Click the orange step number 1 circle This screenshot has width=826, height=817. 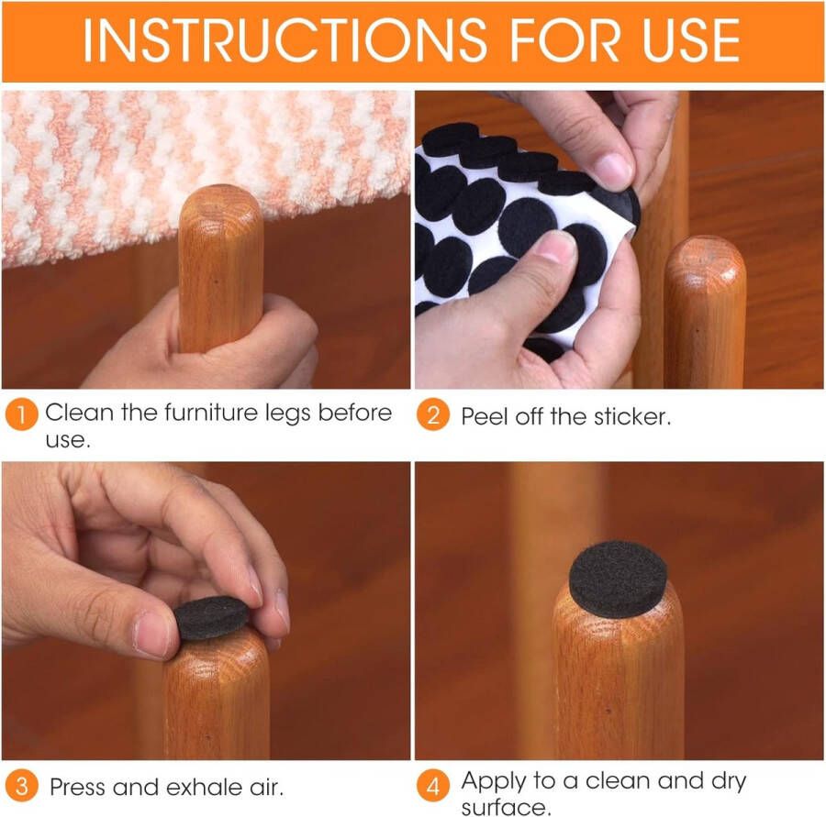click(x=21, y=414)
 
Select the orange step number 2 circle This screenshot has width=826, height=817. click(x=433, y=416)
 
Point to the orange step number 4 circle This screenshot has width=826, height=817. click(x=433, y=786)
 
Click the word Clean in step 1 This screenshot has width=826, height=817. click(x=80, y=413)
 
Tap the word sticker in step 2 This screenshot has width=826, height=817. click(x=633, y=416)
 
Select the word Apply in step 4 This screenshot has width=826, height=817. click(x=496, y=781)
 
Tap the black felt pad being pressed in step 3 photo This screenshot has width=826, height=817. click(x=211, y=618)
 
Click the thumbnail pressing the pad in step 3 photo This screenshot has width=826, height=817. click(x=151, y=633)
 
